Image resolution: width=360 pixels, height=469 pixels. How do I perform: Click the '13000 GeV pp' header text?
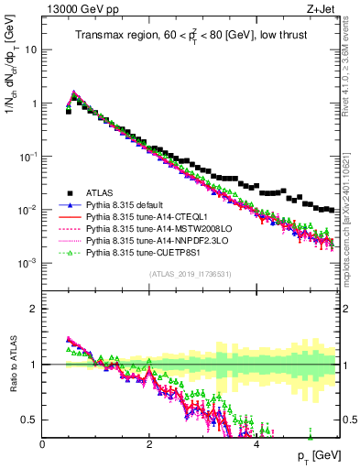pos(77,9)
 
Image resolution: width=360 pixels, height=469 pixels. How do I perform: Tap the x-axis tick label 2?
pos(149,444)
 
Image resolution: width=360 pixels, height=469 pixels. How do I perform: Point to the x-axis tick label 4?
pos(256,444)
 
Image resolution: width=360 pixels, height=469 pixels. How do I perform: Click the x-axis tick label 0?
pos(43,444)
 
